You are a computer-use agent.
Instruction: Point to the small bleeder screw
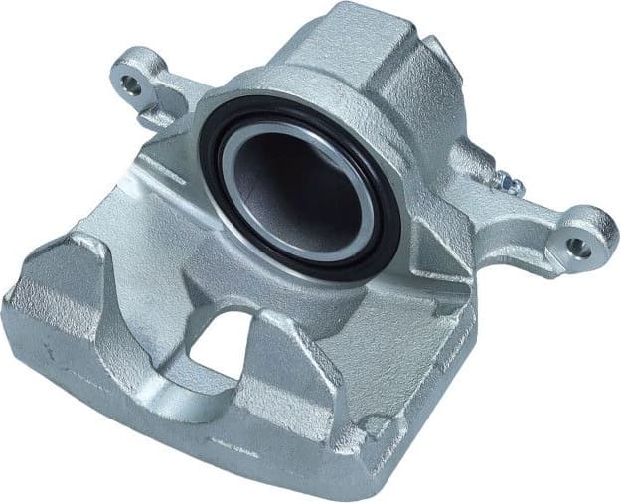[x=508, y=181]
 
